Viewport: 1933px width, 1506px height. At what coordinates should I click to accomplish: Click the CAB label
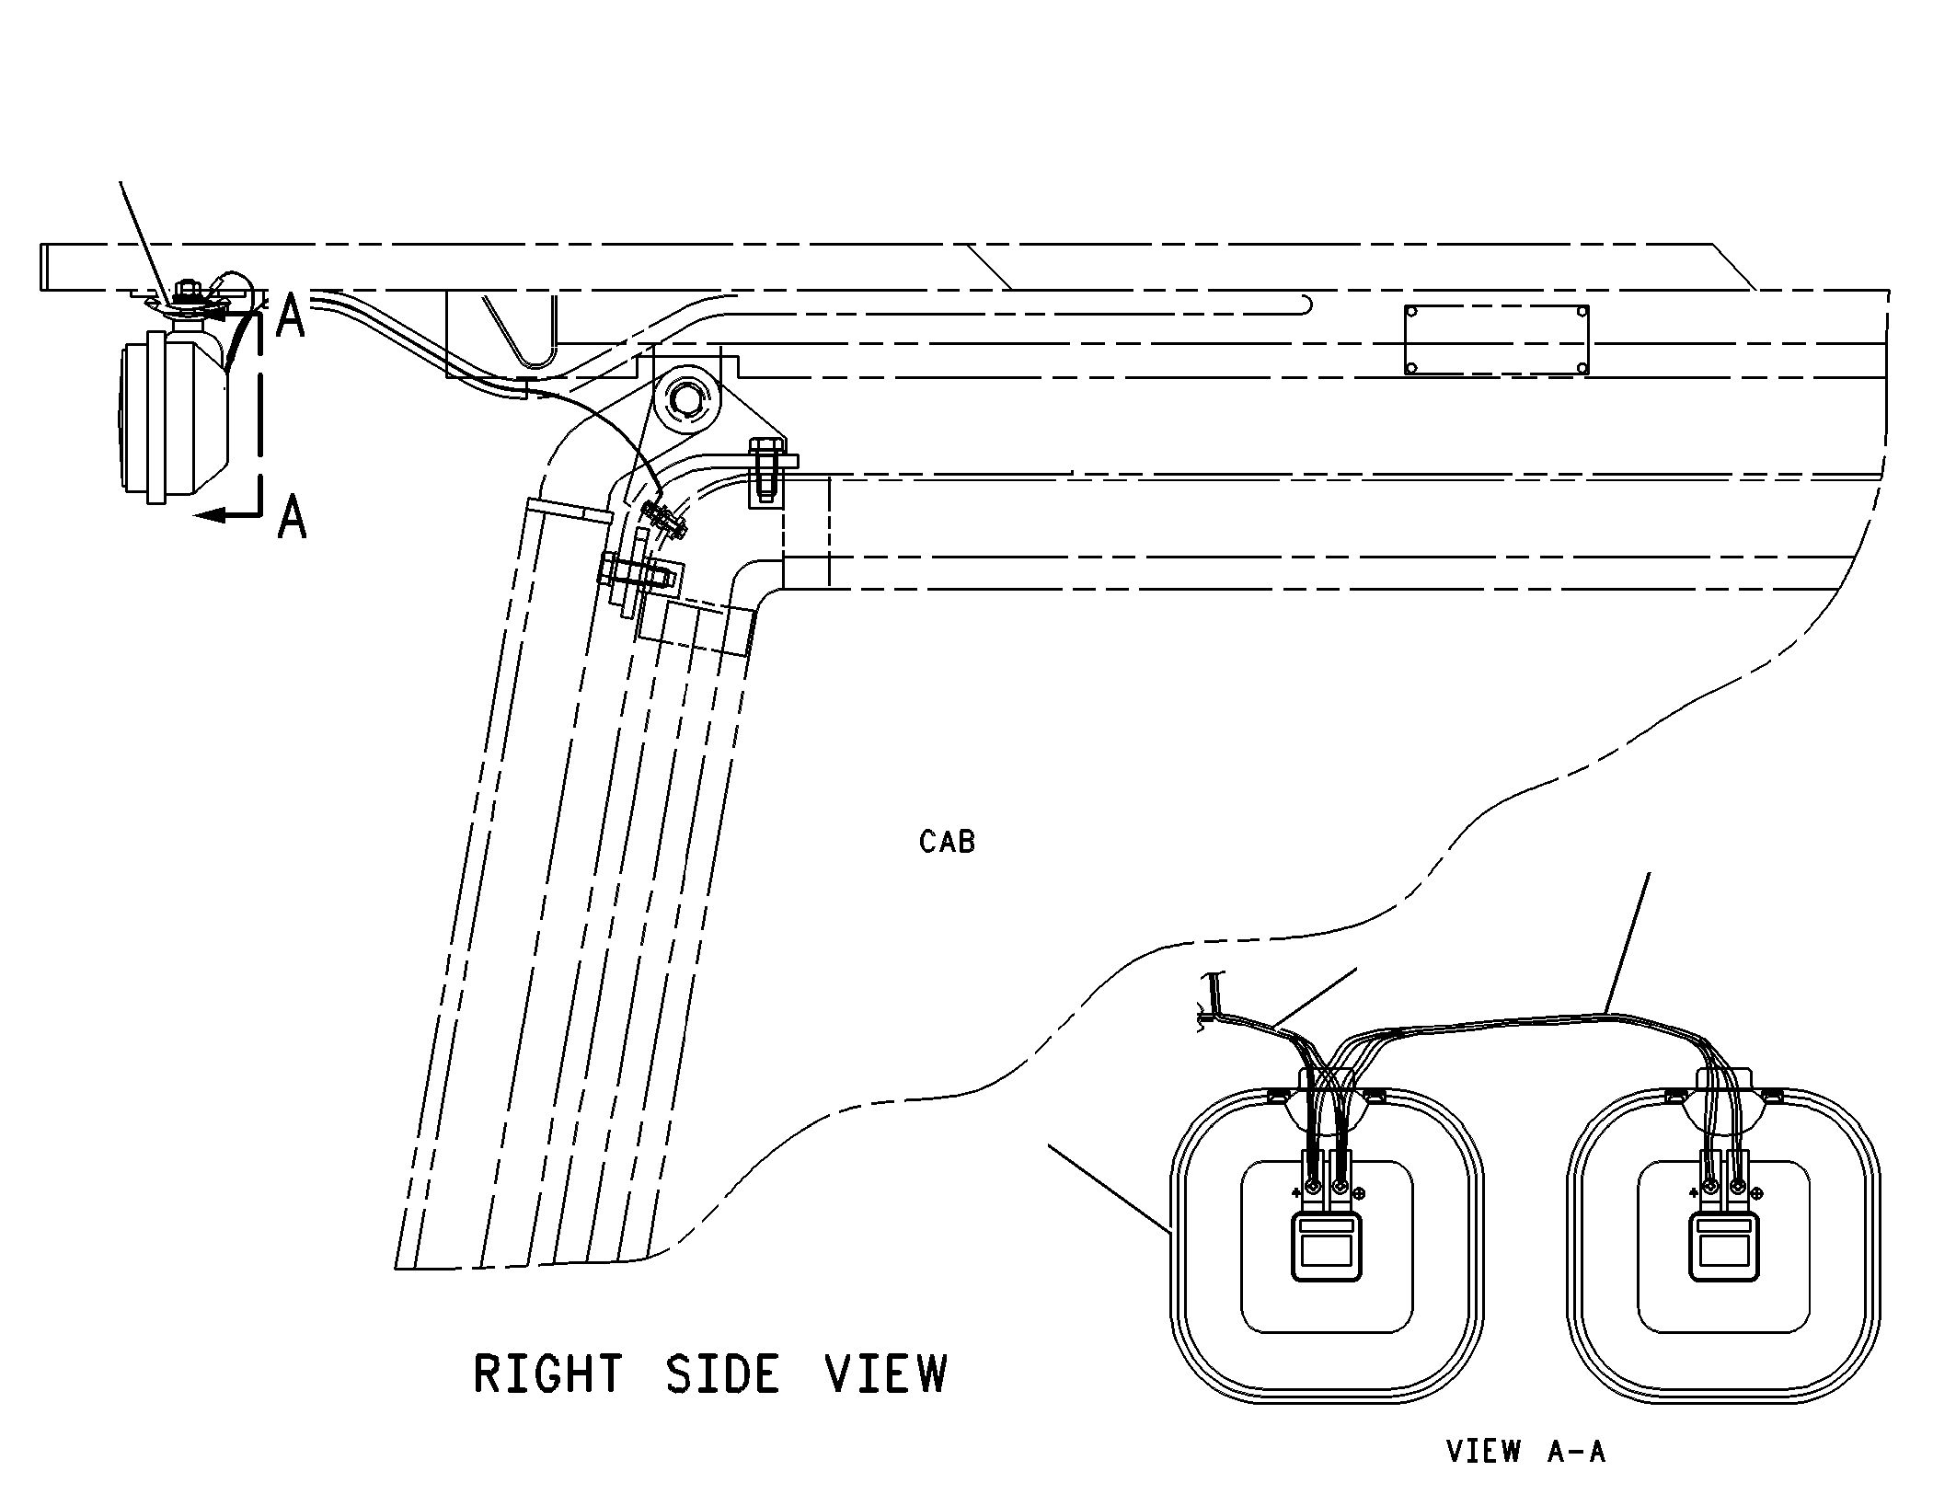point(947,842)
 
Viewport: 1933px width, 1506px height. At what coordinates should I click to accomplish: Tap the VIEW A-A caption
point(1526,1452)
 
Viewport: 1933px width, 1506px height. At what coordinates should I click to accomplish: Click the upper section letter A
point(291,318)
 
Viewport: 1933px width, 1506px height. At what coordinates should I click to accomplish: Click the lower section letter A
point(293,516)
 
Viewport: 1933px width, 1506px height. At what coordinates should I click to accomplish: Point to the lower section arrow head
point(211,514)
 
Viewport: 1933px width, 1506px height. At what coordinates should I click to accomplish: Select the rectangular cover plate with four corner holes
point(1497,340)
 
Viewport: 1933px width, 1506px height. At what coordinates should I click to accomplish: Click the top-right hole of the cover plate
point(1582,313)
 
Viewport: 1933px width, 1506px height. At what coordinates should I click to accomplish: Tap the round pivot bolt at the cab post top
point(685,398)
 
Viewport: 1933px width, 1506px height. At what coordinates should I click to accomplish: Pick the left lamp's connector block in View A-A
point(1327,1246)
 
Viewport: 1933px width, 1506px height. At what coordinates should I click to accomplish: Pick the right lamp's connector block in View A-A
point(1724,1246)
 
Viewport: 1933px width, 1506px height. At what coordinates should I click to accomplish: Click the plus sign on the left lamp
point(1296,1193)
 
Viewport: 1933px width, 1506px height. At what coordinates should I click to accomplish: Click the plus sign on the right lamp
point(1694,1193)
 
